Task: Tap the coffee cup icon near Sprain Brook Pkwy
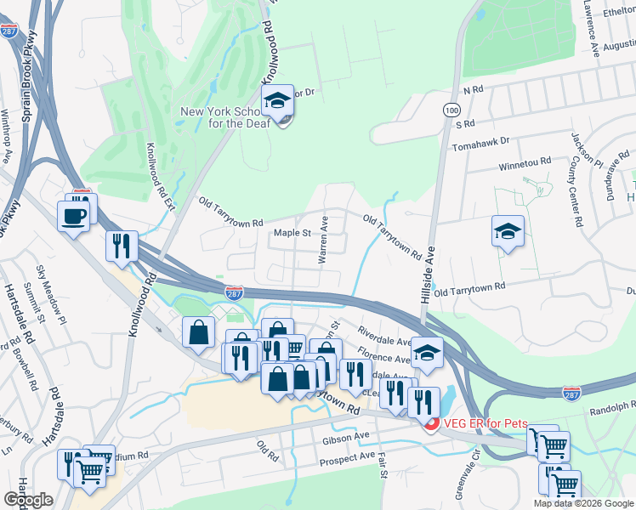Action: pos(74,216)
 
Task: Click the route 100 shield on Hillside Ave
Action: pos(450,110)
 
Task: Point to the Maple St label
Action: pos(293,233)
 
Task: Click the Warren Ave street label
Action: pos(323,240)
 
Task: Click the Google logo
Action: pos(28,500)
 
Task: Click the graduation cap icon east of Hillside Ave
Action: pos(508,231)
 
